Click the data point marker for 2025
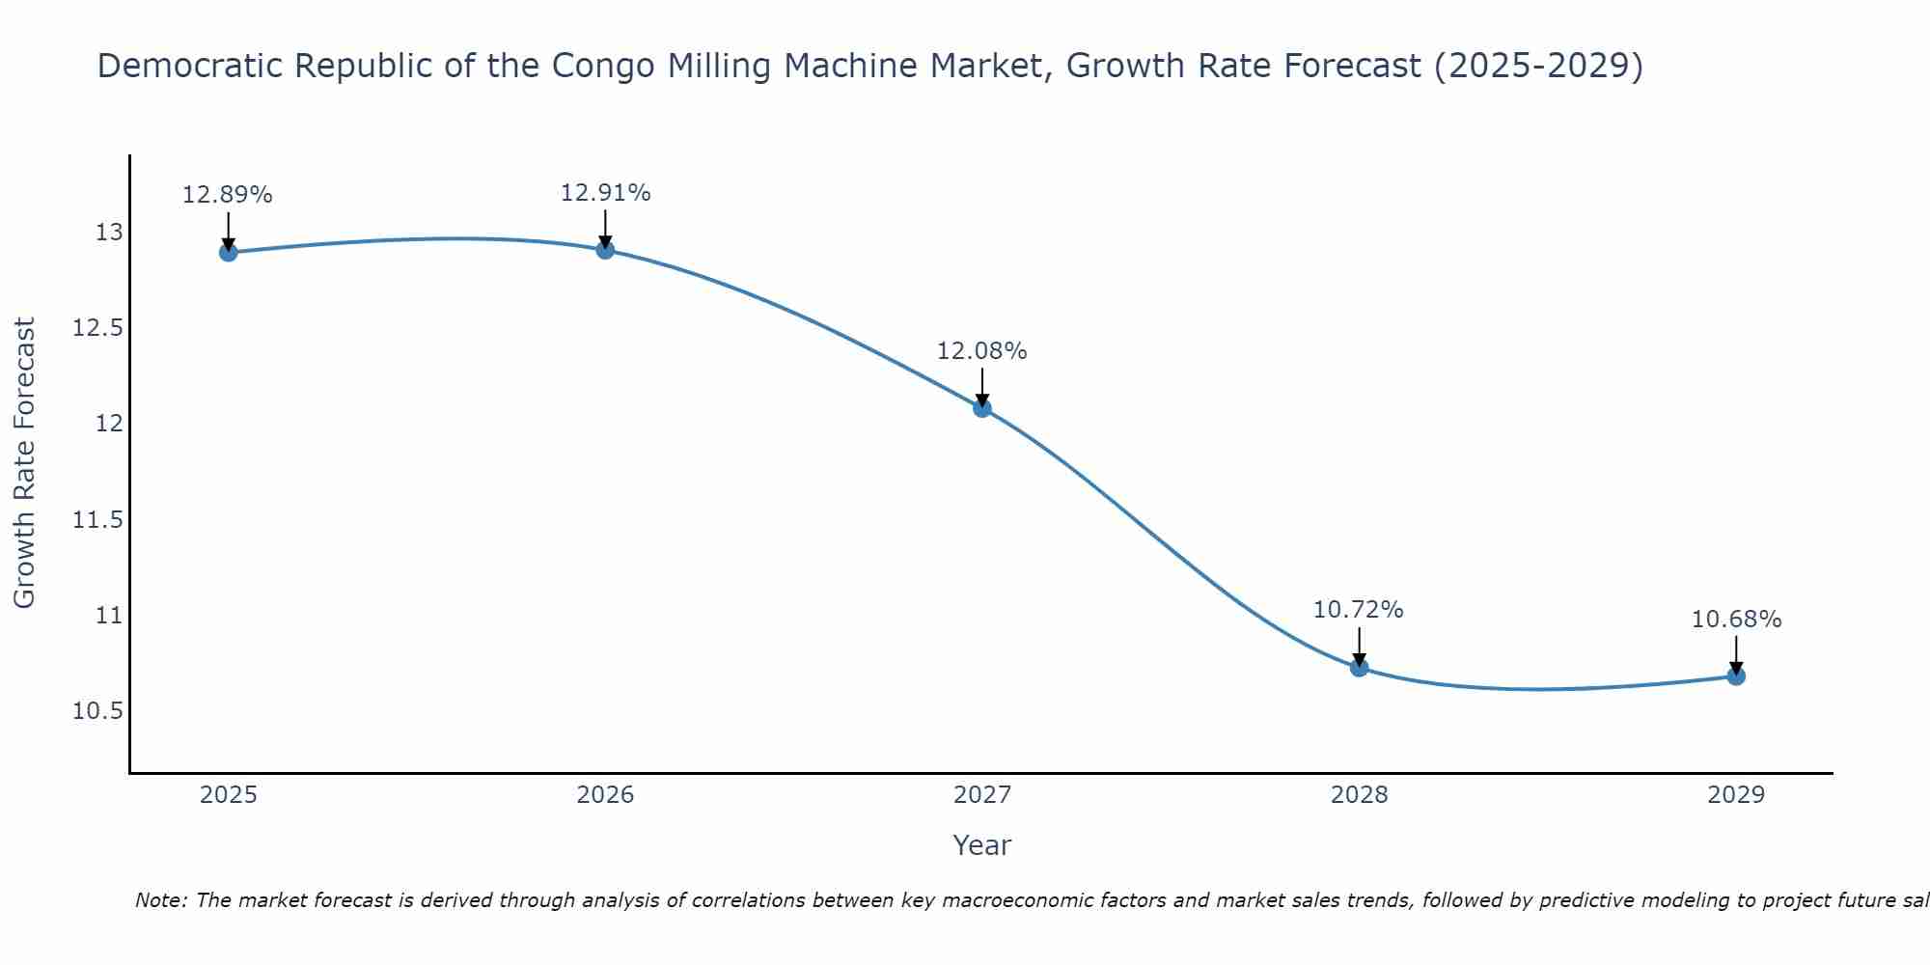point(229,253)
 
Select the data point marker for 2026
point(605,250)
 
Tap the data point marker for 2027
point(982,408)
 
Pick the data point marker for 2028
point(1359,668)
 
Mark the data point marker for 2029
point(1736,675)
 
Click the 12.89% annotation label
point(228,195)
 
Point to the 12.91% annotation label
point(605,193)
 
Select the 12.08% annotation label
point(982,351)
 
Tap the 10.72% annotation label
point(1359,610)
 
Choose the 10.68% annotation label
point(1736,620)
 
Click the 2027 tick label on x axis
point(982,795)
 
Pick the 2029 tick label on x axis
point(1736,795)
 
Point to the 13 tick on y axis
point(109,233)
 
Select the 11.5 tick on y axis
point(97,520)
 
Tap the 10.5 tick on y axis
point(97,711)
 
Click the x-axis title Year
point(982,845)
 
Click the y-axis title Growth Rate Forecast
point(25,463)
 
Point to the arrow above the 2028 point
point(1359,647)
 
